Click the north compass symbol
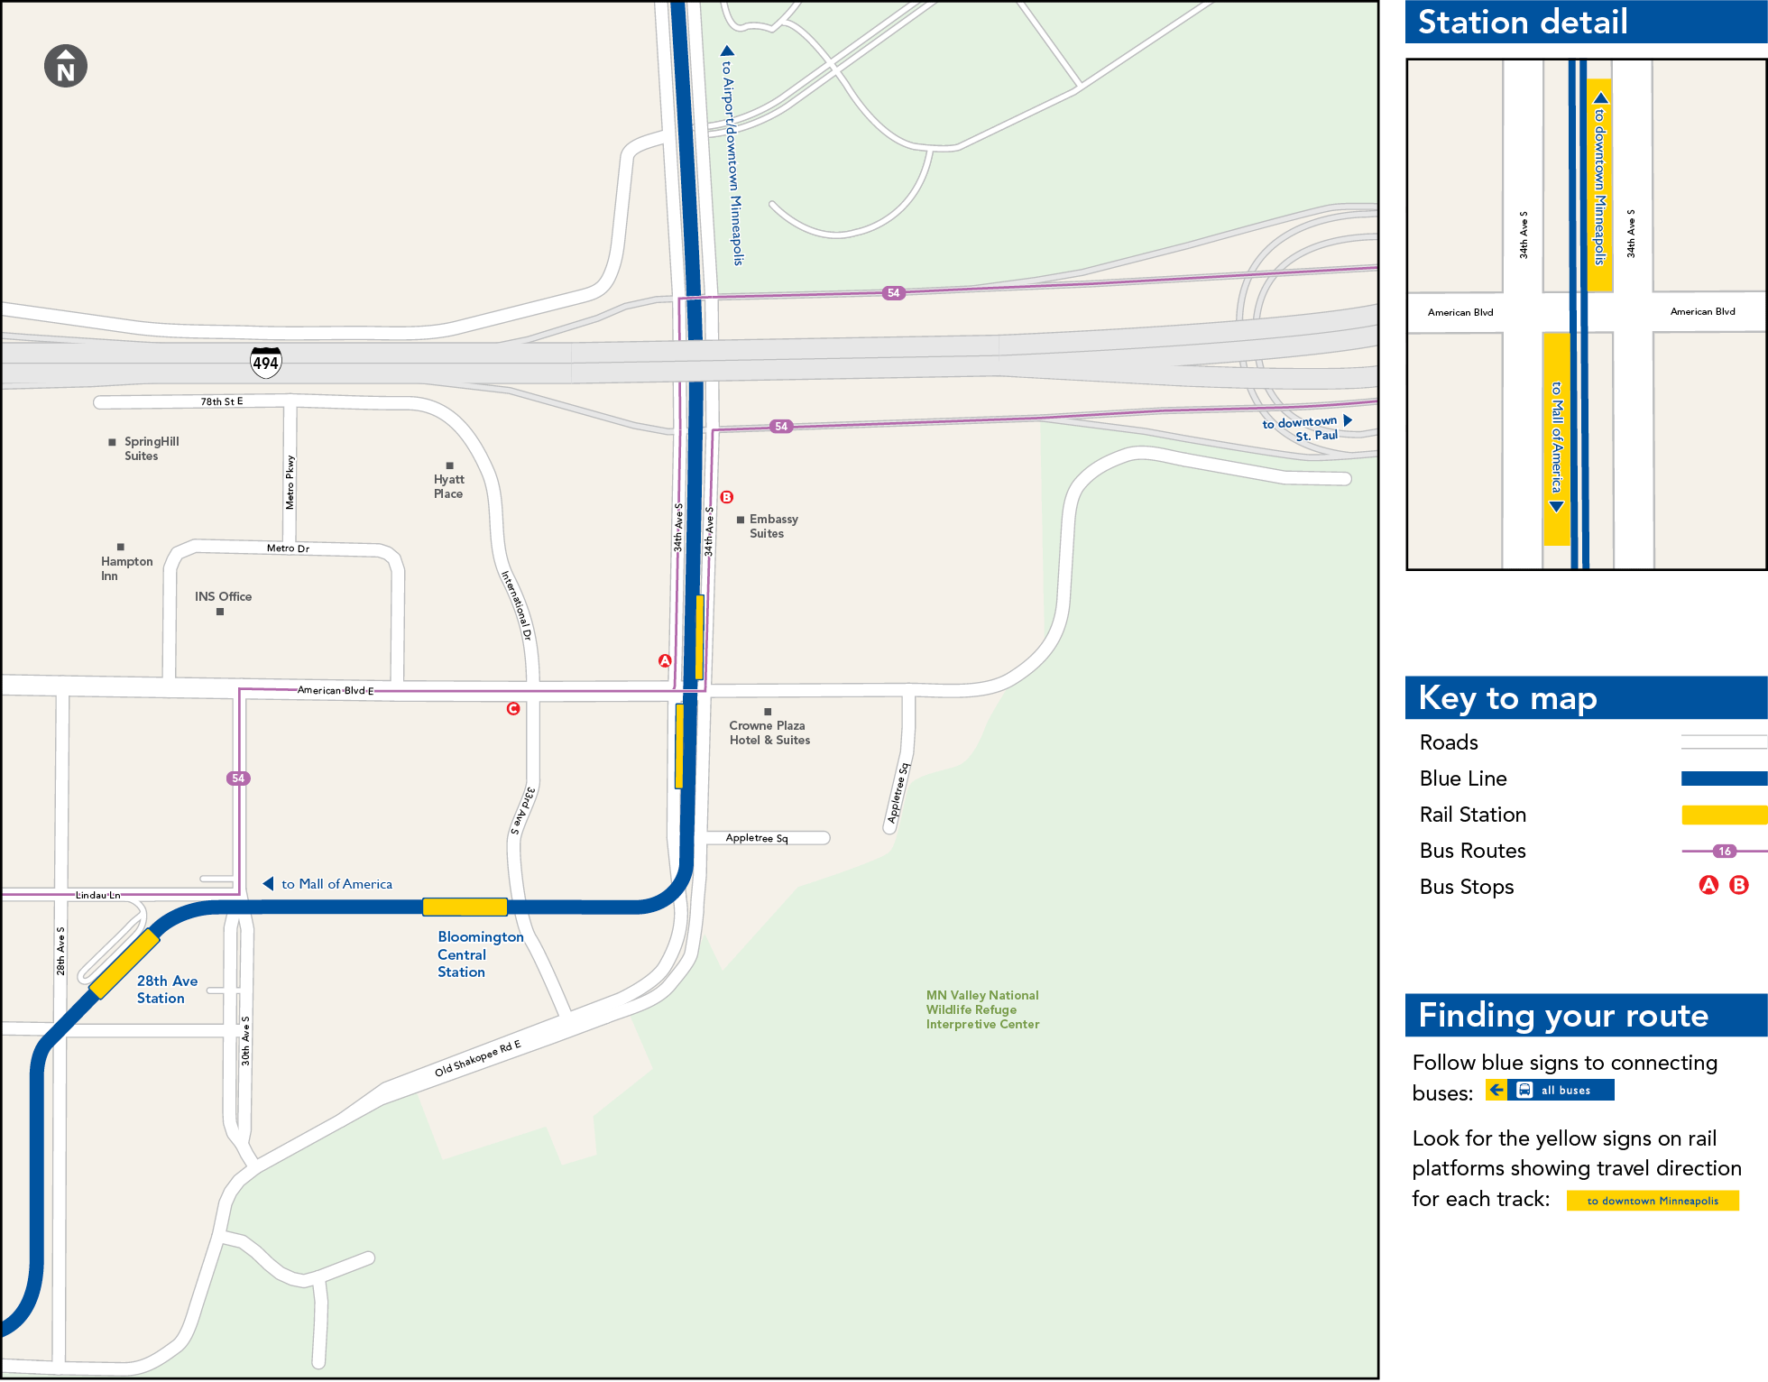pyautogui.click(x=66, y=66)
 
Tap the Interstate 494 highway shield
pyautogui.click(x=265, y=363)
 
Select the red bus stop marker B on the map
pyautogui.click(x=727, y=497)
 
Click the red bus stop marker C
pyautogui.click(x=513, y=709)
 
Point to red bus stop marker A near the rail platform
pyautogui.click(x=665, y=661)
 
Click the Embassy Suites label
pyautogui.click(x=773, y=526)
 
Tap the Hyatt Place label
pyautogui.click(x=448, y=486)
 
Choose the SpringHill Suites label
pyautogui.click(x=151, y=448)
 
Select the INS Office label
pyautogui.click(x=223, y=596)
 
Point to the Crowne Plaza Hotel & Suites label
pyautogui.click(x=769, y=732)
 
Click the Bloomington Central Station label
pyautogui.click(x=480, y=954)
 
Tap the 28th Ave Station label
pyautogui.click(x=167, y=990)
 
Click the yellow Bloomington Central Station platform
pyautogui.click(x=465, y=907)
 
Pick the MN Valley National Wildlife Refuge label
pyautogui.click(x=982, y=1009)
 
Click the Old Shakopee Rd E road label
pyautogui.click(x=477, y=1059)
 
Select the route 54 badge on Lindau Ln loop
pyautogui.click(x=238, y=779)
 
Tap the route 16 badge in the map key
pyautogui.click(x=1725, y=851)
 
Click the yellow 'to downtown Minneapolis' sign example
pyautogui.click(x=1653, y=1201)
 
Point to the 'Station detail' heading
pyautogui.click(x=1523, y=22)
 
